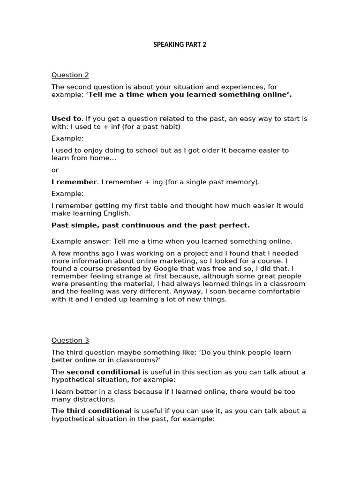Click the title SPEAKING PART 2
pos(180,45)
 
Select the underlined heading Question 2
pos(70,75)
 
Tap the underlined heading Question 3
pos(70,340)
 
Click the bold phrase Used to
pos(66,119)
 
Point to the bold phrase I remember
pos(74,182)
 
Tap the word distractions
pos(92,399)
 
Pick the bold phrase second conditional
pos(103,372)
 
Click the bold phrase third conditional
pos(99,411)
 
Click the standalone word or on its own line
pos(55,170)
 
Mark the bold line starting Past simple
pos(150,225)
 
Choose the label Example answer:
pos(75,241)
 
